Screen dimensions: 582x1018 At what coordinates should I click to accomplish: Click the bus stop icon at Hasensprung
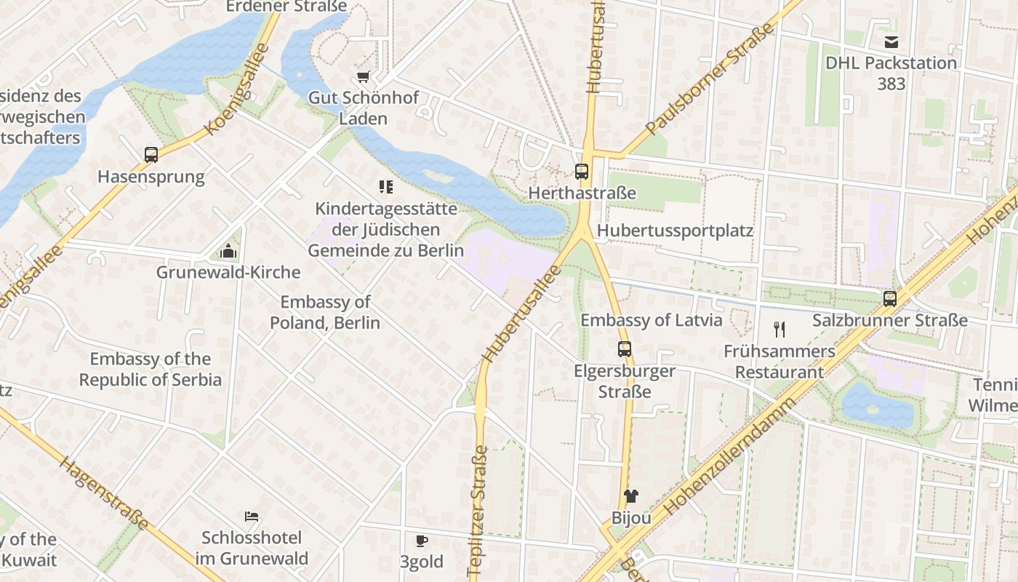(x=151, y=154)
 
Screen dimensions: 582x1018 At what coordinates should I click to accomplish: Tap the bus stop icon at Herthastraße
(x=582, y=172)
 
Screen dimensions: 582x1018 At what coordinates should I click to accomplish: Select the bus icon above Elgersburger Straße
(x=625, y=348)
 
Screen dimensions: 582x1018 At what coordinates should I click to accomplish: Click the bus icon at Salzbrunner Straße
(x=889, y=298)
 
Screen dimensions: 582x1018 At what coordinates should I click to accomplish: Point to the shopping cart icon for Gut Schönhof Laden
(x=364, y=76)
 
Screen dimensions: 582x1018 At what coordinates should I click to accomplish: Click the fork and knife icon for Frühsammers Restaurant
(x=779, y=330)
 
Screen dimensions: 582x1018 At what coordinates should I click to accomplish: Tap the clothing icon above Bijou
(x=630, y=496)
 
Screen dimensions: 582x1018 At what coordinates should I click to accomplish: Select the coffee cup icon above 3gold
(x=421, y=541)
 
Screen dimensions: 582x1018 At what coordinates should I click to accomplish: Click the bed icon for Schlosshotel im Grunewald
(x=252, y=517)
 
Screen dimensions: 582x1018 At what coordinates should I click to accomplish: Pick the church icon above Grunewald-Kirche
(x=228, y=252)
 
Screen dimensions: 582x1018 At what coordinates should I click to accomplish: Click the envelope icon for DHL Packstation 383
(x=891, y=41)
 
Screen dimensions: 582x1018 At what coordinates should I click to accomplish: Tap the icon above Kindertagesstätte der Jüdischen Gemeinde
(x=386, y=187)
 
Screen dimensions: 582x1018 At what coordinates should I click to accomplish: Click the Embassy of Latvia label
(x=651, y=320)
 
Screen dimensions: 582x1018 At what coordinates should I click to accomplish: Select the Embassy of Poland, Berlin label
(x=325, y=312)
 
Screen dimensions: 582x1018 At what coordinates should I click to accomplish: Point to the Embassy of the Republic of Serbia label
(x=151, y=369)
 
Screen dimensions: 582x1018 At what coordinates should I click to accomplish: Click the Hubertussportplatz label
(x=675, y=231)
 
